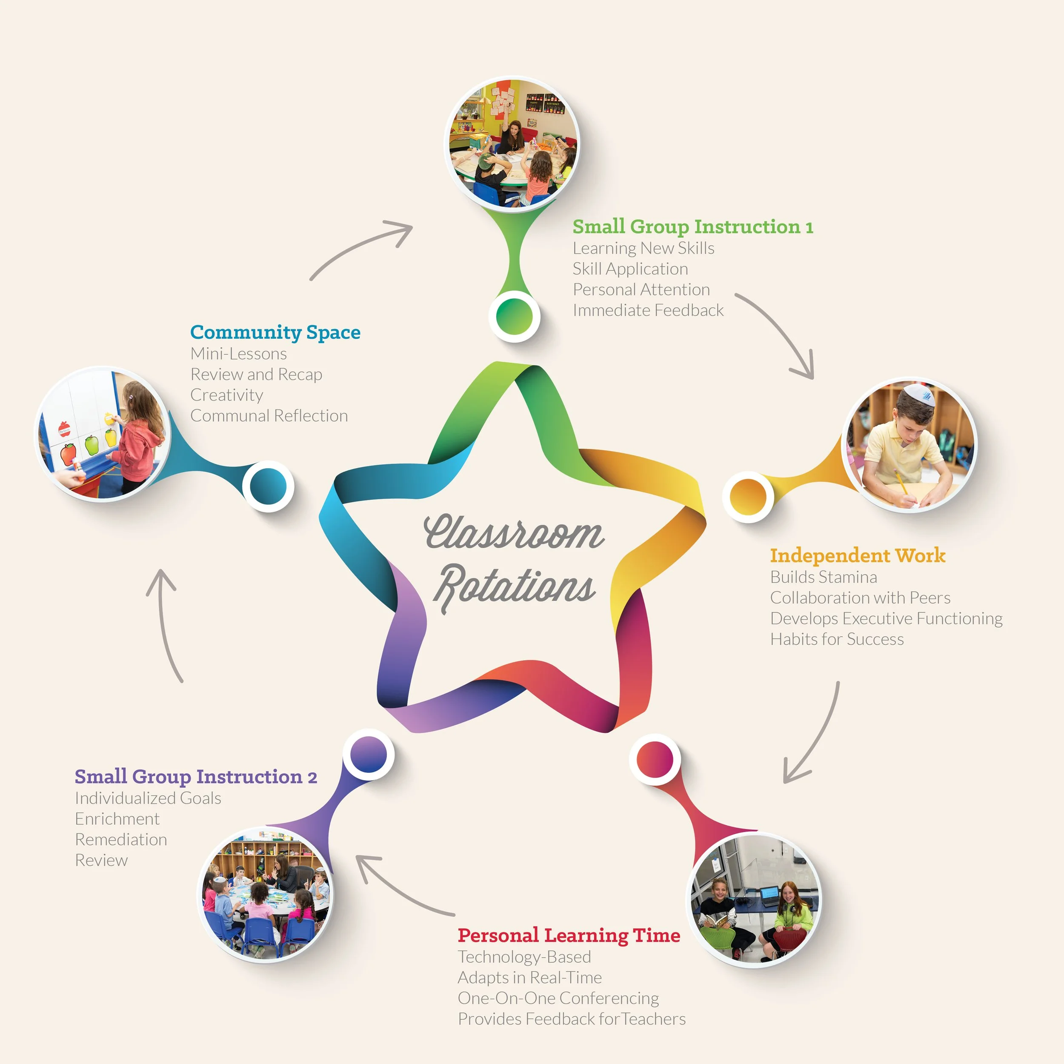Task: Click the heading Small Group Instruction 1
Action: coord(693,227)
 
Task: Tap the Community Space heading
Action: coord(275,333)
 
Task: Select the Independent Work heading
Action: coord(858,556)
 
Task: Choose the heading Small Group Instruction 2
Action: coord(195,777)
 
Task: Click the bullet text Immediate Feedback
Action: coord(648,311)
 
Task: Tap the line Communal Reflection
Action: coord(269,416)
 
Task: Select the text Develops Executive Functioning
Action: coord(886,618)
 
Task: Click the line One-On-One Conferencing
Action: coord(558,998)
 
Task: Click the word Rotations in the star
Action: coord(515,586)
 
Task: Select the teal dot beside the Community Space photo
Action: coord(268,486)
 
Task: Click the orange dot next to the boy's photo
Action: coord(748,496)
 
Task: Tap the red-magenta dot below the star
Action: coord(655,759)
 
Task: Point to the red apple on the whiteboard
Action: coord(68,455)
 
